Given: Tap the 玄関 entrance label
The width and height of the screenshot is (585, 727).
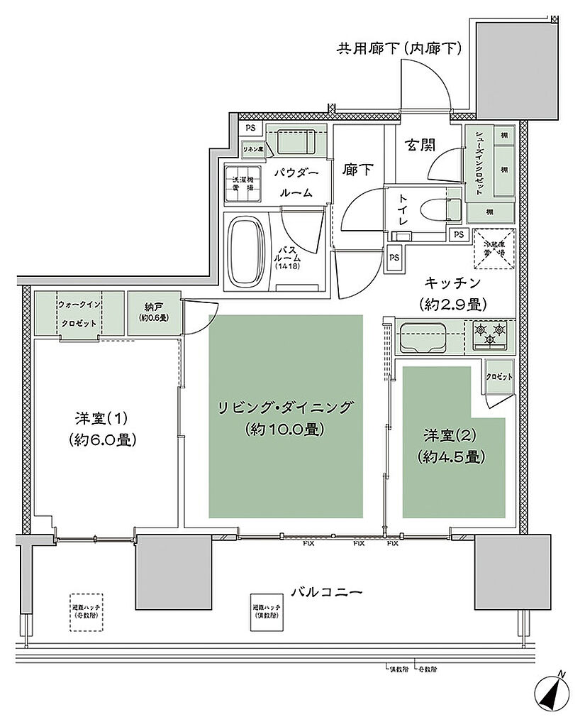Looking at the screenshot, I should tap(420, 145).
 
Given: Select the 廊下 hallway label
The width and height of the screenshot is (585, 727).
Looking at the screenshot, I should tap(359, 170).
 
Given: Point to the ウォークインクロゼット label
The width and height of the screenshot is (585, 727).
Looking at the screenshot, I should tap(79, 312).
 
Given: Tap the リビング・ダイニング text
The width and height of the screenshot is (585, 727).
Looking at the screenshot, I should tap(286, 417).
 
